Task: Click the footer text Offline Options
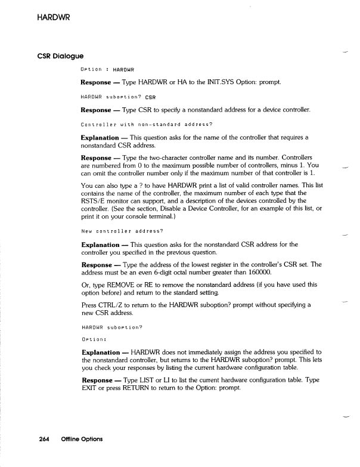click(x=80, y=439)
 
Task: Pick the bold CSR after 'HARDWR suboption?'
click(x=148, y=97)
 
